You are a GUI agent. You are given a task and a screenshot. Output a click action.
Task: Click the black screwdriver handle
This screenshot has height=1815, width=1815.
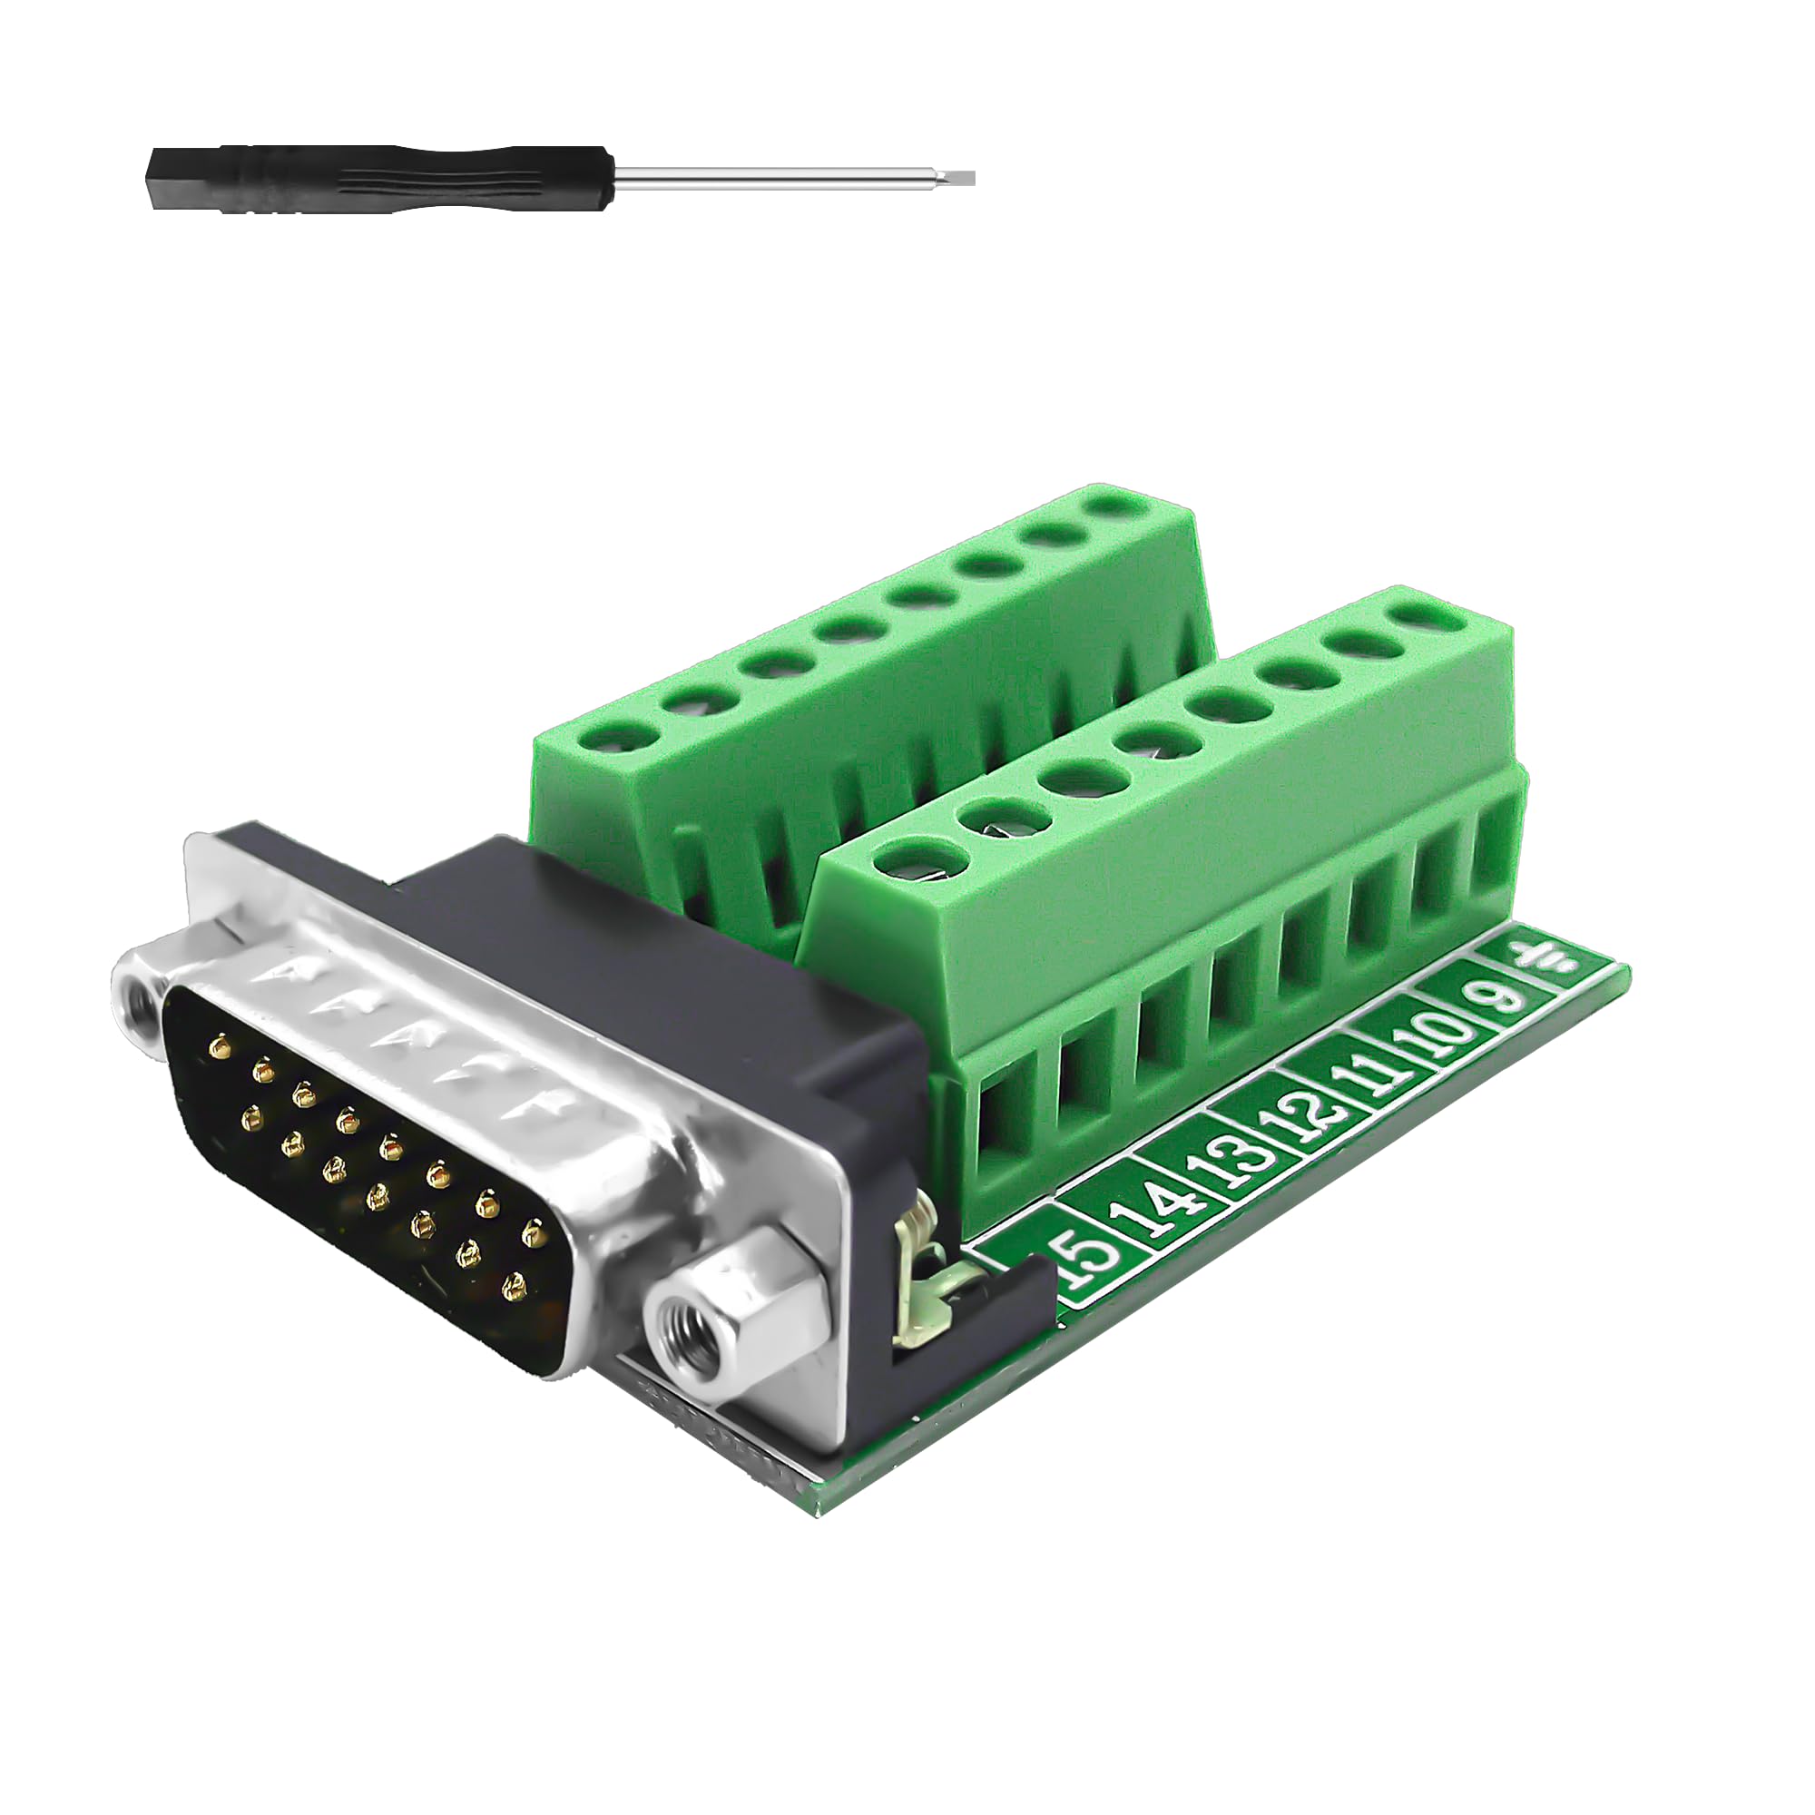point(376,179)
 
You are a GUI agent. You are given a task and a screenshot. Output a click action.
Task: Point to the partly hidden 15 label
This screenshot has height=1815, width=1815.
point(1080,1259)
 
